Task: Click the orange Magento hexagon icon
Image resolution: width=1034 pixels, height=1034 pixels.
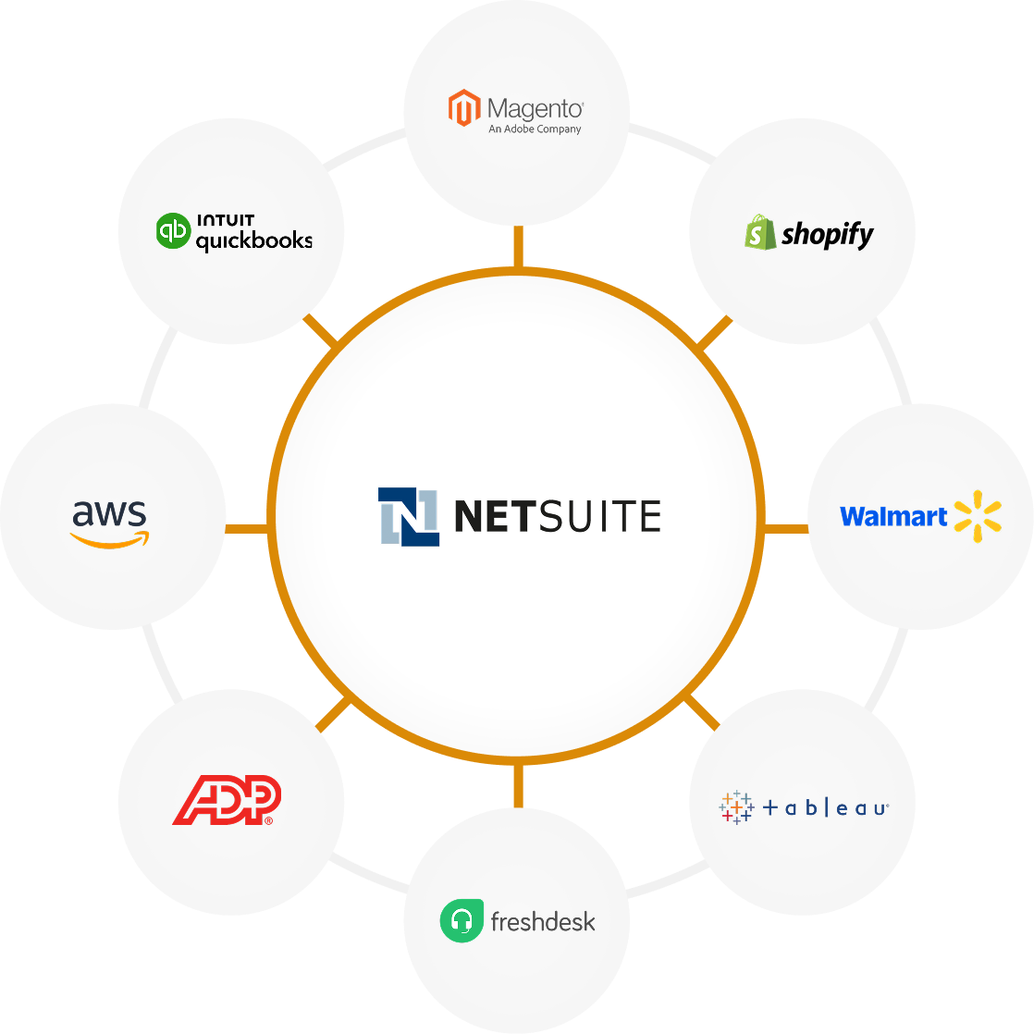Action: click(x=464, y=108)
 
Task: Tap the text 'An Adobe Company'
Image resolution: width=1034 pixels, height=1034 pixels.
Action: click(x=535, y=129)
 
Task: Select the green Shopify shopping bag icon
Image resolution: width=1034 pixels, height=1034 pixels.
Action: click(x=760, y=231)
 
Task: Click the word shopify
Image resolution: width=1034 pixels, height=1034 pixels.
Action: click(x=827, y=234)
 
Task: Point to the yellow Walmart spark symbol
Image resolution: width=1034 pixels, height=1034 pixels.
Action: click(x=978, y=516)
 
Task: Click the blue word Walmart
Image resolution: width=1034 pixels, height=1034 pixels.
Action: click(x=893, y=516)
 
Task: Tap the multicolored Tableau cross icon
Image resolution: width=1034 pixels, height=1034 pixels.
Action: click(x=736, y=807)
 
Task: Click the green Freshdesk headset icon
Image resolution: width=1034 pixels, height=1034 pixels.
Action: click(x=462, y=921)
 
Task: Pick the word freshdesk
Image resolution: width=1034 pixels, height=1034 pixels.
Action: click(x=543, y=922)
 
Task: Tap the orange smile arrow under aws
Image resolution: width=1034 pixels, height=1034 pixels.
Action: click(x=110, y=540)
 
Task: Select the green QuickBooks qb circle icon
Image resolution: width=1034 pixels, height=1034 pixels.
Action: click(x=173, y=231)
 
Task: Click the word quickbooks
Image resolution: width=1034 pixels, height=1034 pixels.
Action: click(x=253, y=240)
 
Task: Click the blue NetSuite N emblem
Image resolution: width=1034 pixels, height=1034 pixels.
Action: click(x=408, y=516)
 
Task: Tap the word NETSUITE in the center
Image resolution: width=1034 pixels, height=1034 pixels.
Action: click(x=557, y=516)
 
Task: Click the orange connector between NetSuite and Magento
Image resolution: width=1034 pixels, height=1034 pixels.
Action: click(x=517, y=247)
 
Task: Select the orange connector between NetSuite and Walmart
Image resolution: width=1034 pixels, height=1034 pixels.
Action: click(x=786, y=529)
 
